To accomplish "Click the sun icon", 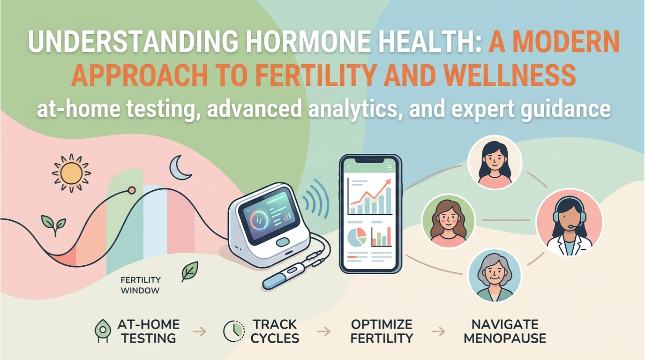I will coord(71,172).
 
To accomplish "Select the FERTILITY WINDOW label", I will coord(140,285).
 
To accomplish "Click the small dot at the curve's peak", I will coord(132,190).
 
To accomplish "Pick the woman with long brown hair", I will coord(449,220).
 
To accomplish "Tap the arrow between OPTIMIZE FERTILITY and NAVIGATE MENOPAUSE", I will coord(438,331).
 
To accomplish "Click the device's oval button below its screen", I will coord(283,242).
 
